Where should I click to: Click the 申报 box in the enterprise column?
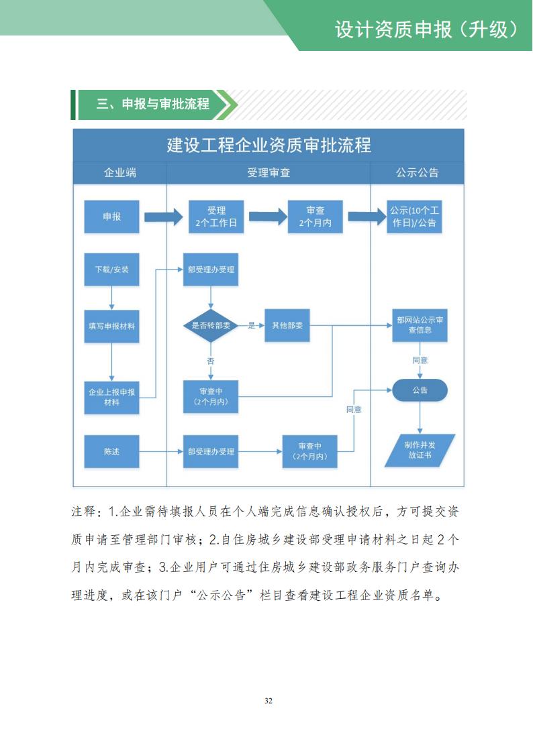111,217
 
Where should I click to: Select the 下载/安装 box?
111,270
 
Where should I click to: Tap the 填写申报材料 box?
111,326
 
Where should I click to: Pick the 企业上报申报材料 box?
111,396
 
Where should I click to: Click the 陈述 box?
111,451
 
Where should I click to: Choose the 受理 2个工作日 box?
216,217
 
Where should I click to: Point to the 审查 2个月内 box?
315,217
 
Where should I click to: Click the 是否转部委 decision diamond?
211,326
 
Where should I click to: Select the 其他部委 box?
287,326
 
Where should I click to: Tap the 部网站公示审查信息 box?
420,325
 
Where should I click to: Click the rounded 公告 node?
420,390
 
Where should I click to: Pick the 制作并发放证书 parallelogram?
420,450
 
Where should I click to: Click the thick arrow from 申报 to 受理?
163,217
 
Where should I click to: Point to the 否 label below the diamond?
211,361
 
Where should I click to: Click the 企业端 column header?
119,172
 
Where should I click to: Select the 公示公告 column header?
417,172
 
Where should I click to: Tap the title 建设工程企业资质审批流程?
269,145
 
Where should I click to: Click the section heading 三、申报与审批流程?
153,104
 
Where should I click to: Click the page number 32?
268,701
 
